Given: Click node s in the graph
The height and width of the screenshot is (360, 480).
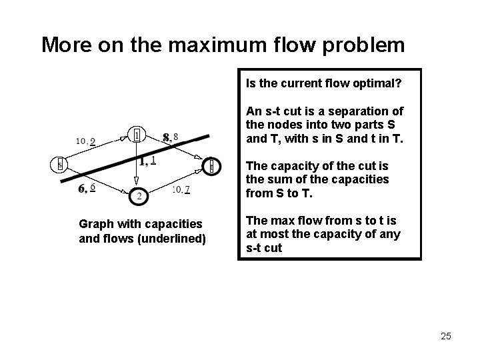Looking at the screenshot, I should point(59,164).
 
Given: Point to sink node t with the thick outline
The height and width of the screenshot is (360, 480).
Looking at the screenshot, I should point(211,165).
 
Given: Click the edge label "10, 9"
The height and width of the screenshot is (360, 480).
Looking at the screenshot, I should point(85,141).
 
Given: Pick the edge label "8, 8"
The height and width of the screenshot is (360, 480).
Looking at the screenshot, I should point(170,137).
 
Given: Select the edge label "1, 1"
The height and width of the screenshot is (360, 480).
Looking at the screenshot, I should point(147,160).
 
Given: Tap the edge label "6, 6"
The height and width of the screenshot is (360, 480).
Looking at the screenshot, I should point(86,189).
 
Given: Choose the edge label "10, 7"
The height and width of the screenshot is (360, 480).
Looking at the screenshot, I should point(181,189).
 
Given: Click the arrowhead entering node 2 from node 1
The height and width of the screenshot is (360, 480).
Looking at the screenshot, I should point(137,183).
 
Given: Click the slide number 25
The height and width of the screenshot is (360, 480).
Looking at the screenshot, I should point(445,336).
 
